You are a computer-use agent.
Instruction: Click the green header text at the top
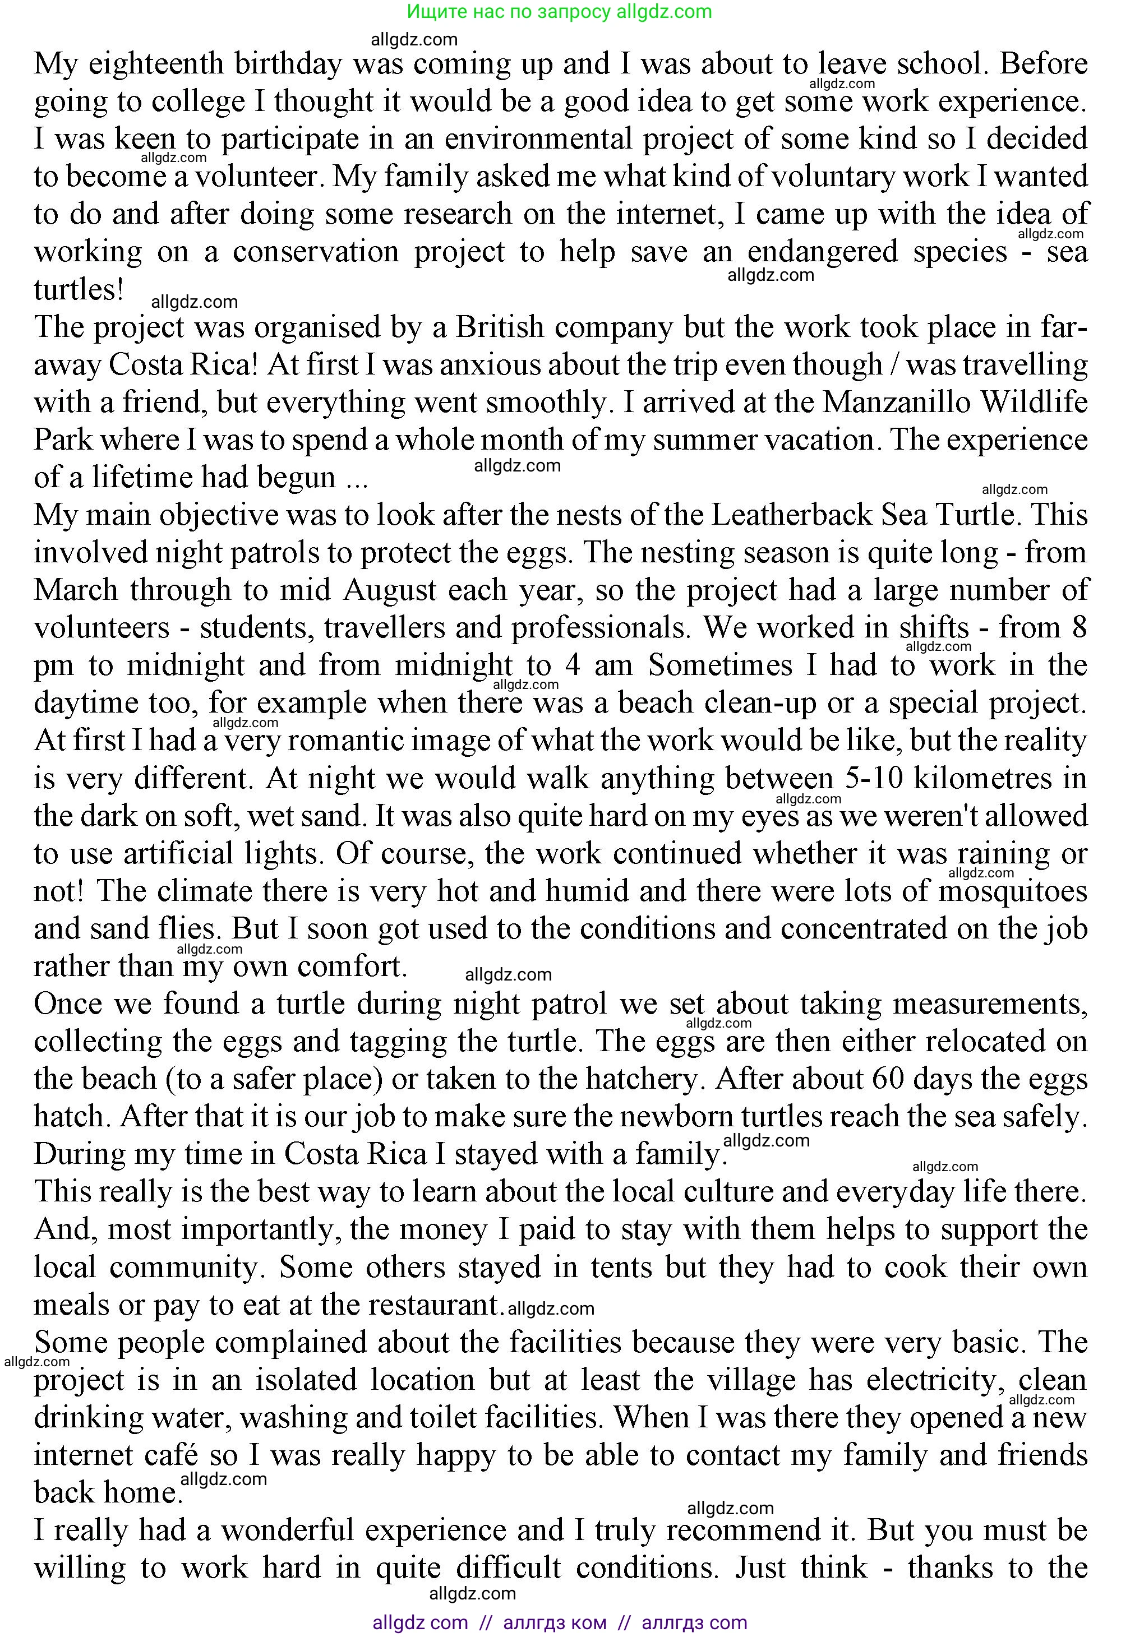560,11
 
